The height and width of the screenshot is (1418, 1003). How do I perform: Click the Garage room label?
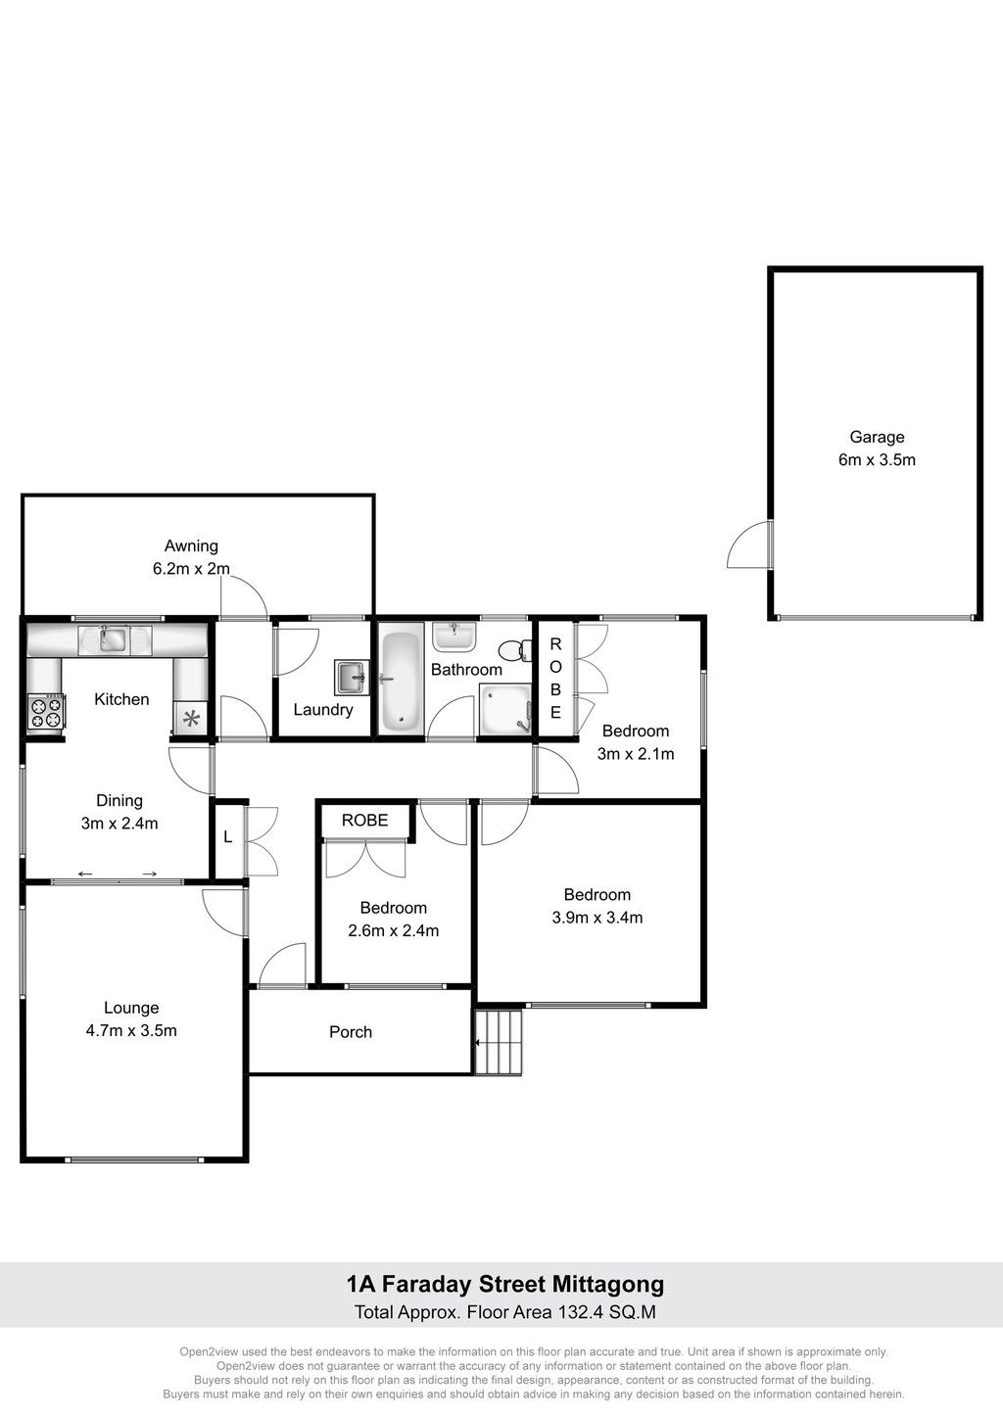(877, 437)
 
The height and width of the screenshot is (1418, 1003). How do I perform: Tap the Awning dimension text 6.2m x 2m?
(191, 568)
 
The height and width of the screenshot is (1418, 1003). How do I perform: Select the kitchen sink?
(114, 639)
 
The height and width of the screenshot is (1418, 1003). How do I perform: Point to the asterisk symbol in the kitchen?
(191, 719)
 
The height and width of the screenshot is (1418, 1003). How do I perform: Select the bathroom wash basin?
(454, 636)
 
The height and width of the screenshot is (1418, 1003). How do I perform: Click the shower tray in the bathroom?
(504, 709)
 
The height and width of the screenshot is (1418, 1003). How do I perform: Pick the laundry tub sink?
(352, 678)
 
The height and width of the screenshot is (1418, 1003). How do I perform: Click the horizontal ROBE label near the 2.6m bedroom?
(364, 821)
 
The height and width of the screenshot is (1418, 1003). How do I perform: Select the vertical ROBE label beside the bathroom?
(555, 679)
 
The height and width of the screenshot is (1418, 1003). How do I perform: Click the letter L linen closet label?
(228, 837)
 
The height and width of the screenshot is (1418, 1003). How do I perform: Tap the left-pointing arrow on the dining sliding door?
(85, 874)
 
